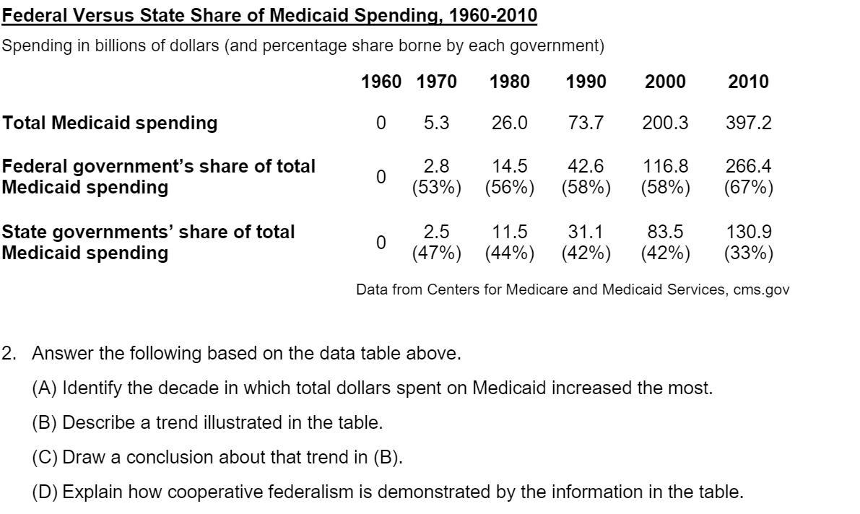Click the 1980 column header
[x=509, y=82]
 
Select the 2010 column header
[x=748, y=82]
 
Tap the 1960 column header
[x=381, y=82]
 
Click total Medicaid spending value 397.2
[x=748, y=123]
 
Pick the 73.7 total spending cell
[x=586, y=123]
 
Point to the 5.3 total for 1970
[x=436, y=123]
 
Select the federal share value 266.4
[x=748, y=167]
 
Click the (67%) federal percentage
[x=748, y=188]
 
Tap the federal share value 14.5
[x=509, y=167]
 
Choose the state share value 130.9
[x=748, y=232]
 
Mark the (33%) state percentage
[x=748, y=253]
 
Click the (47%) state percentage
[x=436, y=253]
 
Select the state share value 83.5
[x=665, y=232]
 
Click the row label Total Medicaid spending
[x=110, y=123]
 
